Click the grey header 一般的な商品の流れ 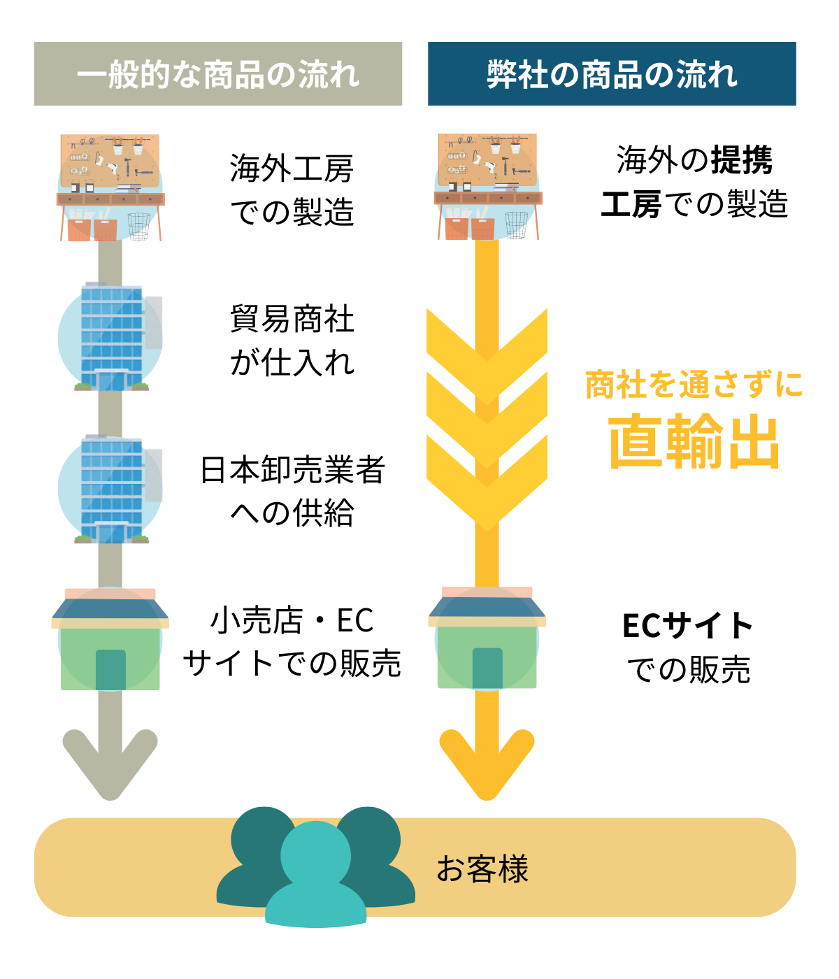click(x=218, y=73)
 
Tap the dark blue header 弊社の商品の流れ click(x=612, y=73)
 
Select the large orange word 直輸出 click(x=694, y=441)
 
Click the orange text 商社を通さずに click(x=694, y=384)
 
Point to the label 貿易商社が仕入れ click(x=292, y=341)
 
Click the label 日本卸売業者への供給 click(x=292, y=492)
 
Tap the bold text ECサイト click(x=687, y=626)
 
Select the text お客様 click(x=482, y=869)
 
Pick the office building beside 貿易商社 click(x=112, y=336)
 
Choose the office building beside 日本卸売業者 click(x=112, y=489)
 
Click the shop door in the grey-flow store click(x=110, y=670)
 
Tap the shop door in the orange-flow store click(x=487, y=668)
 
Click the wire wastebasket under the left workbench click(x=138, y=227)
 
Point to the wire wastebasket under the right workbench click(x=516, y=225)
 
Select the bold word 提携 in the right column click(x=743, y=160)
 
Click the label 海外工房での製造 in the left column click(x=292, y=190)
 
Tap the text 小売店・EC click(x=292, y=620)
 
